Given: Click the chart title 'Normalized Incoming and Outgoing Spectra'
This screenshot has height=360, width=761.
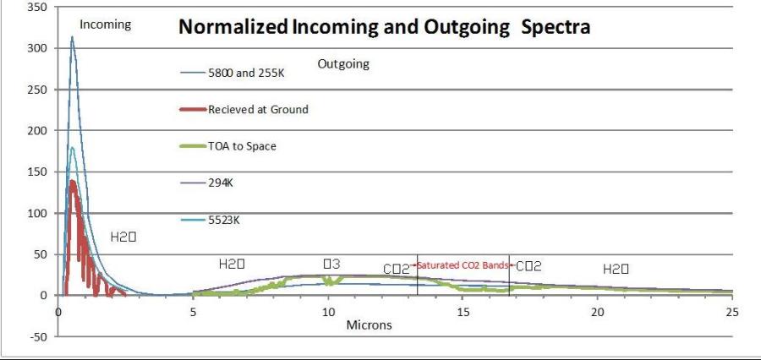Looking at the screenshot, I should tap(382, 27).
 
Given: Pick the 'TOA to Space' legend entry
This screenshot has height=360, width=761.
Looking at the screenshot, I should tap(242, 146).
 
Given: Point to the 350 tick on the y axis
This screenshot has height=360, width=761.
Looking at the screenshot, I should tap(38, 7).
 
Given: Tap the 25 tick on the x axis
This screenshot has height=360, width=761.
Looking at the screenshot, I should tap(732, 311).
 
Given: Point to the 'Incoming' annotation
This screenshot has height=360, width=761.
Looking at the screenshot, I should tap(106, 25).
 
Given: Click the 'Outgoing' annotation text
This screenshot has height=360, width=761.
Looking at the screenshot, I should tap(342, 64).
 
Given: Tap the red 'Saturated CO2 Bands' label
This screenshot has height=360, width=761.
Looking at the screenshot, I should tap(462, 266).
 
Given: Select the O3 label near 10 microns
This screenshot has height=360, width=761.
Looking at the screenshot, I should tap(331, 265).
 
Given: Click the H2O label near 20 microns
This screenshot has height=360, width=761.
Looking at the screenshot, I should tap(614, 269).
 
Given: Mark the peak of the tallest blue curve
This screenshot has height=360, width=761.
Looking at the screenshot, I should tap(72, 36).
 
